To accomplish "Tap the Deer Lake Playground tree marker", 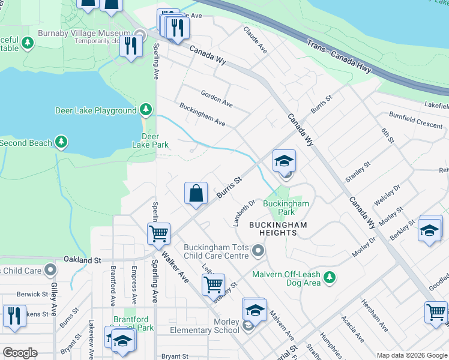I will click(145, 110).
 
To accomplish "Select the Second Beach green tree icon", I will click(61, 142).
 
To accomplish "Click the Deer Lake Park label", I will click(150, 140).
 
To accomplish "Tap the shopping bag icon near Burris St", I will click(196, 194).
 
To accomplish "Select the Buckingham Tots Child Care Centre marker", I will click(258, 250).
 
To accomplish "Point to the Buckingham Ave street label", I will click(202, 115).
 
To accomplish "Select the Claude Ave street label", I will click(255, 39).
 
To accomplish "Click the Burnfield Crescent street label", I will click(415, 119).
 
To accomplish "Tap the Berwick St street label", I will click(32, 294).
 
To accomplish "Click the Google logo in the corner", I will click(20, 353).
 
